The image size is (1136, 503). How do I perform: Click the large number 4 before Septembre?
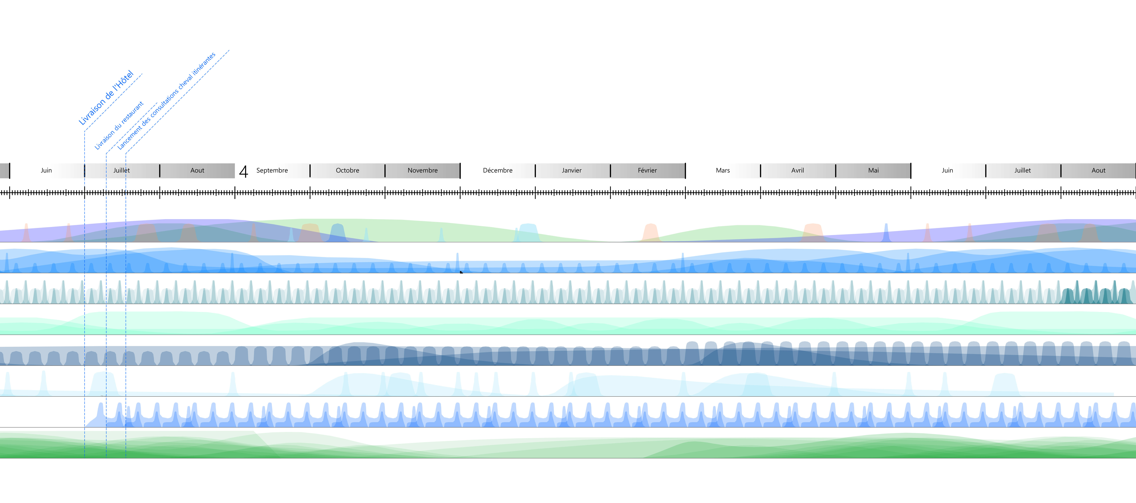243,171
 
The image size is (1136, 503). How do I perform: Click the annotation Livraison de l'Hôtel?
106,98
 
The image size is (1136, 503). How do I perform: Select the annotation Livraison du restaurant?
119,126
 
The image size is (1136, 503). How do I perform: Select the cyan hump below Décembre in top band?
528,232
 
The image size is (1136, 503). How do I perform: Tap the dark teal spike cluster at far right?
1096,293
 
